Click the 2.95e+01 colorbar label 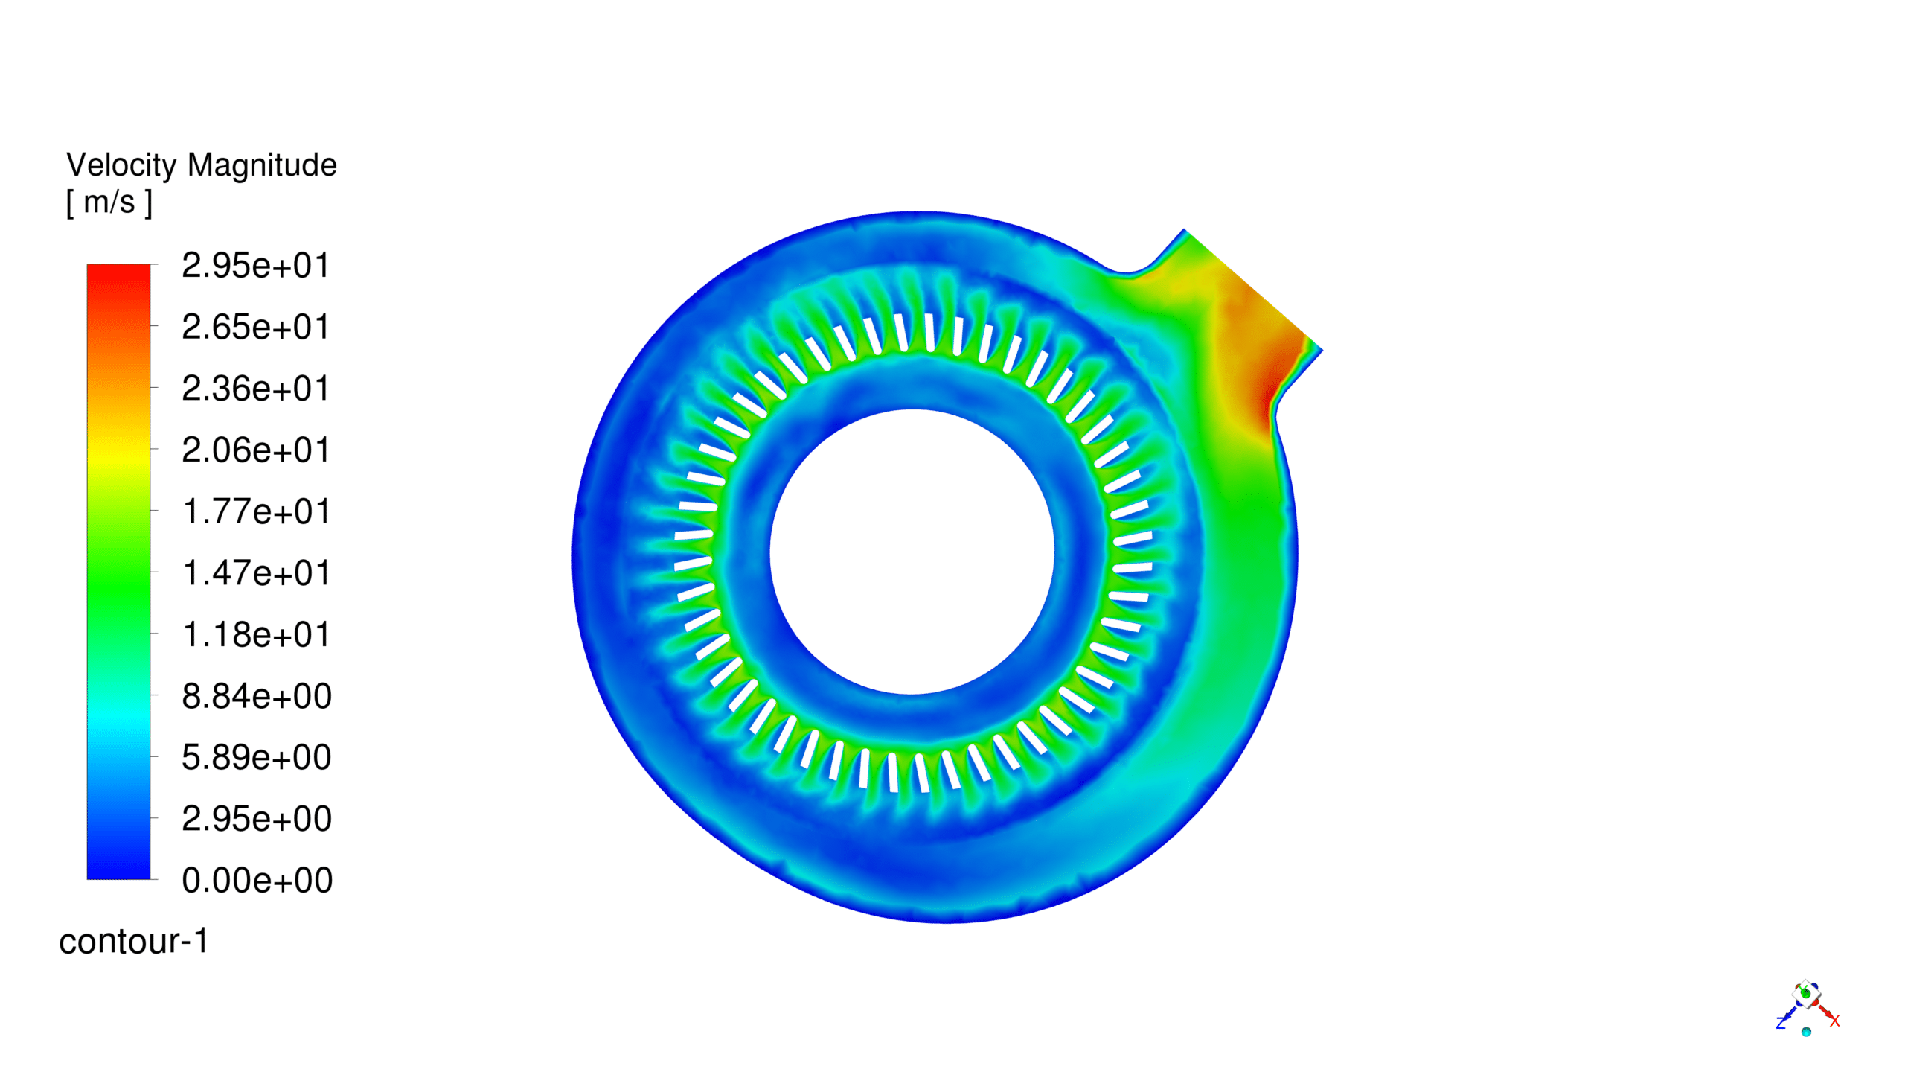(255, 266)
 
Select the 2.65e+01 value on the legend (255, 328)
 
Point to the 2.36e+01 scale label (255, 389)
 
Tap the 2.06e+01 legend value (255, 451)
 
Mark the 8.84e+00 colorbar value (257, 697)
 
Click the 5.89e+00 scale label (257, 758)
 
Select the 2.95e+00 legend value (257, 820)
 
